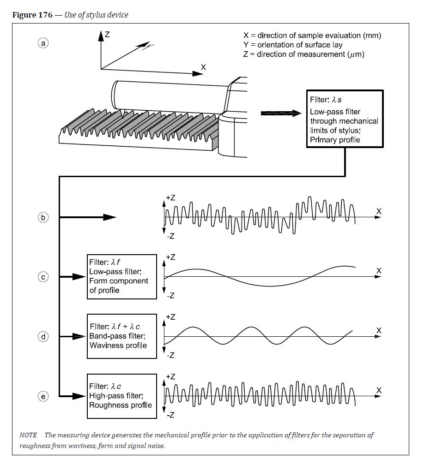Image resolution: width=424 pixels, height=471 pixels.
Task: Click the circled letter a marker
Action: [x=43, y=43]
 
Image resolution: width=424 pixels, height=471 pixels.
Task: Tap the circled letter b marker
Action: [x=43, y=217]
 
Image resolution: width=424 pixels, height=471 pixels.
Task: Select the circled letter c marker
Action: [x=43, y=277]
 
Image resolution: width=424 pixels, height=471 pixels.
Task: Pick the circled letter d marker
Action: [x=43, y=337]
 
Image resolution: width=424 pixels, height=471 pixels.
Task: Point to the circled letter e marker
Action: [x=43, y=396]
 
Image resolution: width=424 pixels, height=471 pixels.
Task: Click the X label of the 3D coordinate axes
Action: [x=203, y=67]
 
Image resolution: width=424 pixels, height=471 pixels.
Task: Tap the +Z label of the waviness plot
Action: [x=170, y=317]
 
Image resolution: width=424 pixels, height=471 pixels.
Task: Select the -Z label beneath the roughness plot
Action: [x=170, y=415]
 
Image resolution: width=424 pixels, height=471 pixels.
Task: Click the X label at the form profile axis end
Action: [x=379, y=271]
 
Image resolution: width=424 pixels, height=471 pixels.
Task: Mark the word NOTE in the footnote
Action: [x=28, y=435]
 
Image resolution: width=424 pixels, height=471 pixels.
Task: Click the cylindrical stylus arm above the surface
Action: [x=166, y=95]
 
